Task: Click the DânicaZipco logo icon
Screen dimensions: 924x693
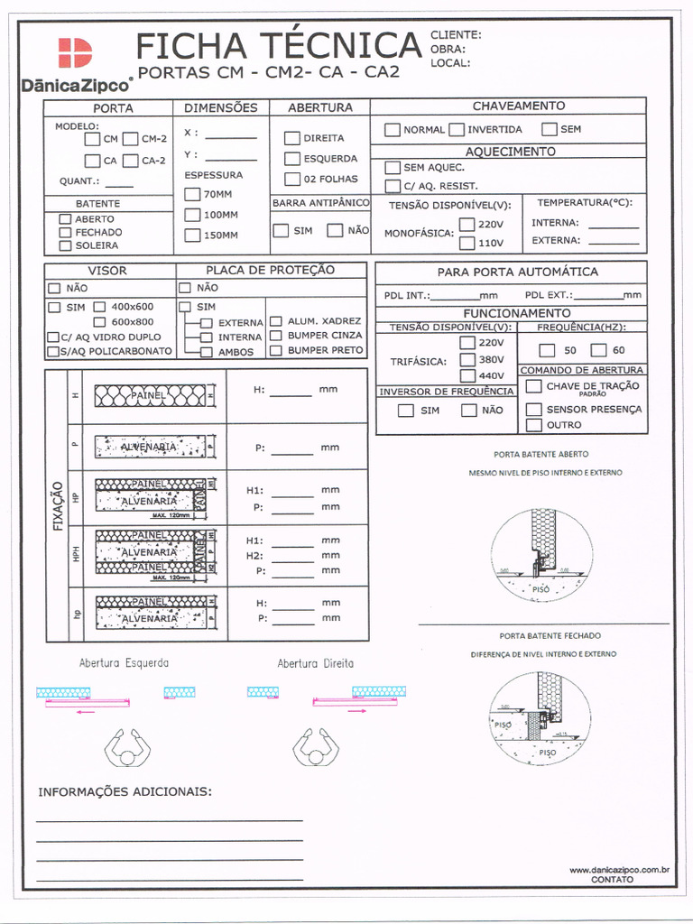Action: [76, 53]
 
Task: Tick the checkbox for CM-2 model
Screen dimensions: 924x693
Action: [130, 139]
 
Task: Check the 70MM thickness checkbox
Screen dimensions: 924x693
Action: [191, 194]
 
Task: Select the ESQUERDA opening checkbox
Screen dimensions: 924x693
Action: [292, 159]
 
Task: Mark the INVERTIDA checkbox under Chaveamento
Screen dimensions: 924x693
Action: [457, 129]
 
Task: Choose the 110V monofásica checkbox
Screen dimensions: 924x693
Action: [467, 243]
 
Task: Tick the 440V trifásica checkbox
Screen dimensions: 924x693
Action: [467, 375]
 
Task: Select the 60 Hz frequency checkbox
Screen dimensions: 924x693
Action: [599, 350]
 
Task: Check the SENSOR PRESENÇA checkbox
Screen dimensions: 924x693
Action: [534, 410]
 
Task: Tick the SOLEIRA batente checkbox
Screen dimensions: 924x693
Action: [65, 245]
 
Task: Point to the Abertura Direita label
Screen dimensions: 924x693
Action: [315, 663]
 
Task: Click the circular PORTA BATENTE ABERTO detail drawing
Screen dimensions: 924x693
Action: [541, 550]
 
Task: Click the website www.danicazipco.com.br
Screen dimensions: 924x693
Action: [618, 870]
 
